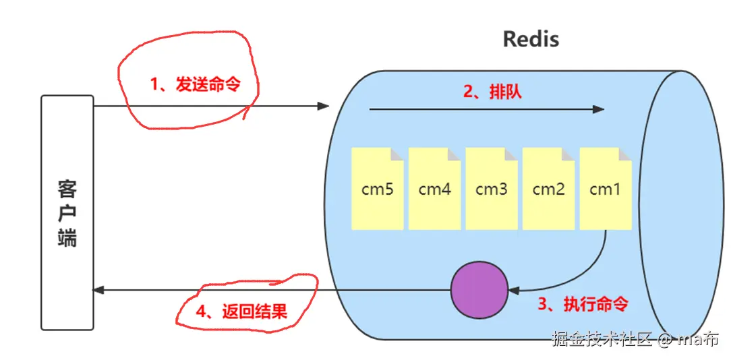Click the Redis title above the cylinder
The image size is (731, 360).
tap(531, 39)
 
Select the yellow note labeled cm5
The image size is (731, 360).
tap(377, 188)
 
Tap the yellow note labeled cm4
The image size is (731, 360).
tap(434, 188)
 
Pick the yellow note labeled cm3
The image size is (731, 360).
tap(492, 188)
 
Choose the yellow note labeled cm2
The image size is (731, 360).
tap(549, 188)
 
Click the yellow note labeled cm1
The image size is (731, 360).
tap(606, 188)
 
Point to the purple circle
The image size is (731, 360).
tap(479, 290)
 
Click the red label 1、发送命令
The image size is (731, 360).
tap(195, 84)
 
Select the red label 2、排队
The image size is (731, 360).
tap(492, 92)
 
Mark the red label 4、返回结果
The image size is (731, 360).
tap(241, 311)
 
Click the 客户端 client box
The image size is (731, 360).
tap(67, 212)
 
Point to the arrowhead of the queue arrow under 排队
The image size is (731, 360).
tap(599, 110)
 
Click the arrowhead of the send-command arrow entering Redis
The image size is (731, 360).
tap(324, 107)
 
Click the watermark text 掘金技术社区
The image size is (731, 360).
tap(602, 339)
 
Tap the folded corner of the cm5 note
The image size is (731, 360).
tap(397, 154)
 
